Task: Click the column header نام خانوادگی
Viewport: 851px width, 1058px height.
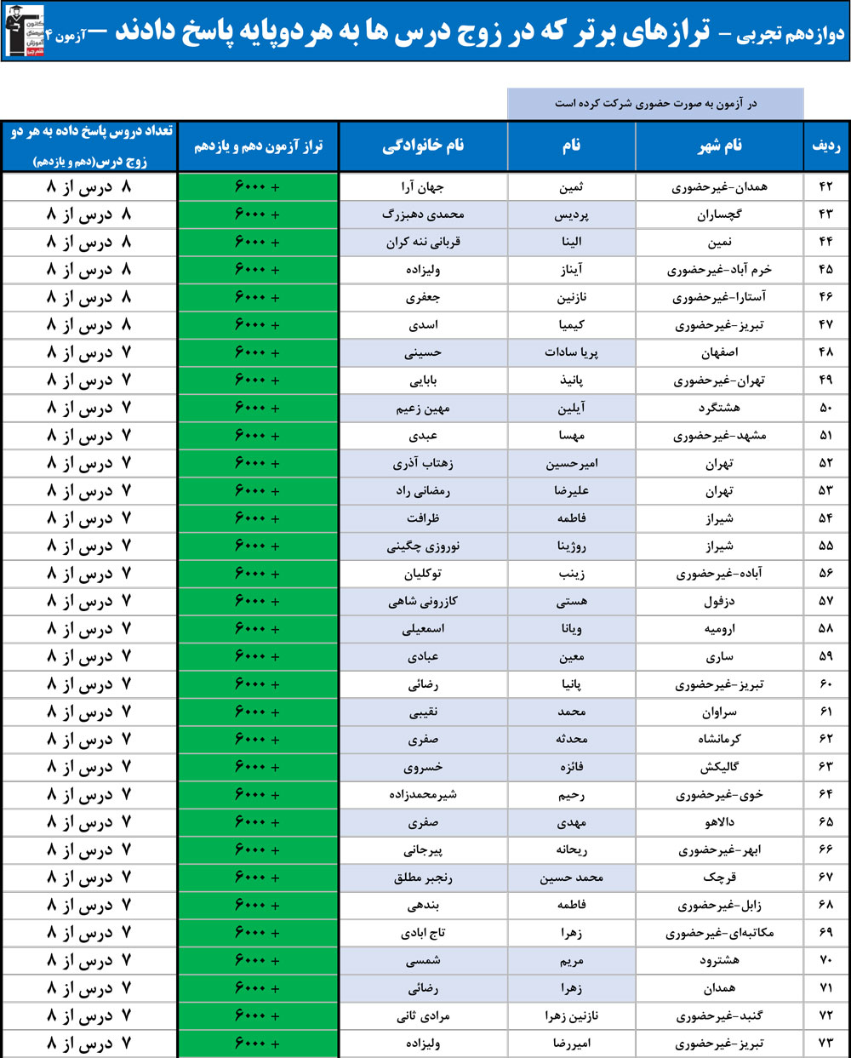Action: click(x=423, y=146)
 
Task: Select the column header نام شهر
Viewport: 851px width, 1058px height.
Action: click(x=720, y=146)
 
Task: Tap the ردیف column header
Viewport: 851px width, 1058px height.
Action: click(x=825, y=146)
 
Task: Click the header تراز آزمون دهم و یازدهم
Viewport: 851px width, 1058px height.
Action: click(x=258, y=146)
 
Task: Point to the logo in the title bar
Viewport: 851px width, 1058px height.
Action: click(x=24, y=31)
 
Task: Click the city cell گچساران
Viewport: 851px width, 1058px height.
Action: click(x=720, y=214)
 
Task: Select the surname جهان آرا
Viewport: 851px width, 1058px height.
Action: click(x=423, y=186)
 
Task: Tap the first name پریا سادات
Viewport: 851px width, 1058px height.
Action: click(x=571, y=352)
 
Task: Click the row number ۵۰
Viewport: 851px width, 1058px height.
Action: click(x=825, y=408)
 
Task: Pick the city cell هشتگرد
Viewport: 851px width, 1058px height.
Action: click(x=720, y=408)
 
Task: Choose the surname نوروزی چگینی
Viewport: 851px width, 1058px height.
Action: click(x=423, y=546)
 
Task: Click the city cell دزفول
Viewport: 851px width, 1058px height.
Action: click(x=720, y=601)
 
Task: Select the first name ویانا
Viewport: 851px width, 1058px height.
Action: click(x=571, y=629)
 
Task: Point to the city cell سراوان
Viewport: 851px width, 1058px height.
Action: click(x=720, y=712)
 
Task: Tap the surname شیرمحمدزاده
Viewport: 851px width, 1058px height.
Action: click(x=423, y=794)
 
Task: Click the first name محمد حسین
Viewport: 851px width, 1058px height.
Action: click(x=571, y=878)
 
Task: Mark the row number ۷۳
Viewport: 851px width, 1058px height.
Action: click(x=825, y=1043)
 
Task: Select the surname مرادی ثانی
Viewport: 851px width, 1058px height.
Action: click(x=423, y=1015)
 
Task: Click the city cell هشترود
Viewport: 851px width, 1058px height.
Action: click(x=720, y=960)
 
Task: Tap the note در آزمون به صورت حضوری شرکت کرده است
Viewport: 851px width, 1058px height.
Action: click(x=655, y=103)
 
